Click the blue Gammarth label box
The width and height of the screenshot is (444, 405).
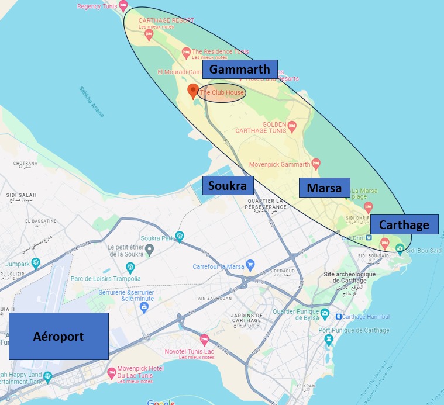click(240, 69)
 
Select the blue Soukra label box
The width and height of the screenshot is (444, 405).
click(228, 186)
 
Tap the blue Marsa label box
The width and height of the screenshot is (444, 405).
click(324, 188)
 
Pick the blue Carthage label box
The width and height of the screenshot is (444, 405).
click(404, 225)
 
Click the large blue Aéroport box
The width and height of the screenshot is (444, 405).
click(58, 336)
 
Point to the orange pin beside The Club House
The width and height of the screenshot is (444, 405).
click(192, 91)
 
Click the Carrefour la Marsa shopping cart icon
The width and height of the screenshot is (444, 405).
click(250, 264)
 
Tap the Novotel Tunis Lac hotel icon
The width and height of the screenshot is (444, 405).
click(204, 339)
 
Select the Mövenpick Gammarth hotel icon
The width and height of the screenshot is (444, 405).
click(316, 162)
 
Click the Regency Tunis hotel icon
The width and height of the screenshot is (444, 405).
click(123, 6)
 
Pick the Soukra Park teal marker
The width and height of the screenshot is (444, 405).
click(180, 236)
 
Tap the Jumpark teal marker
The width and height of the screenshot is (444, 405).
click(36, 262)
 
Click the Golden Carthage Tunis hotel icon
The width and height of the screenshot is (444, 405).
click(292, 125)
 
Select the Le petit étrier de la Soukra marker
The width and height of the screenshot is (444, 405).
click(150, 250)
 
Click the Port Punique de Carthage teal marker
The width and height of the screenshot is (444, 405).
click(329, 339)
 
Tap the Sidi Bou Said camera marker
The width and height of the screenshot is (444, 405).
click(400, 248)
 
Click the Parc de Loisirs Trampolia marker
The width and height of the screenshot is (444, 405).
click(130, 268)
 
